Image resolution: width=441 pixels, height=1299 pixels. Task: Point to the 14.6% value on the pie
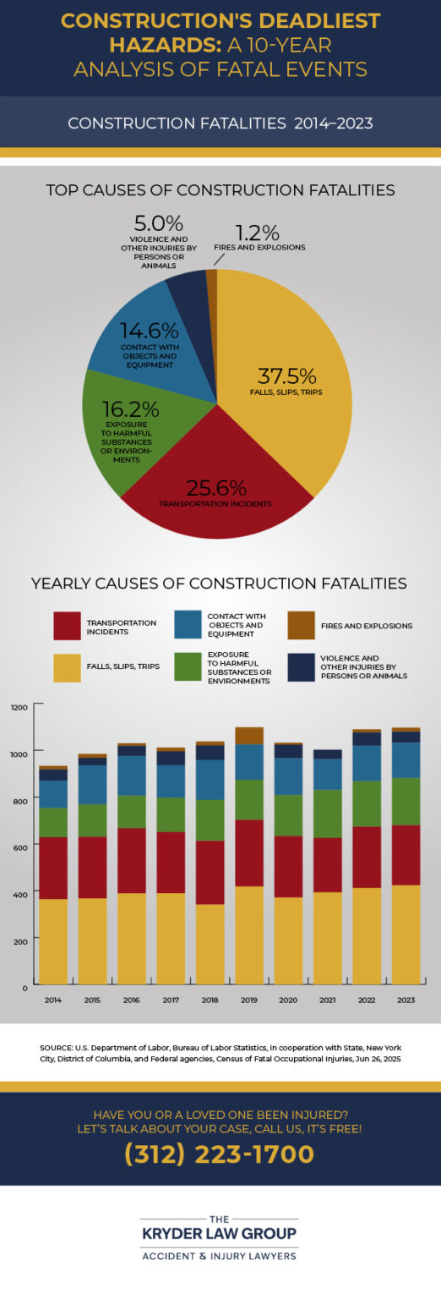click(149, 331)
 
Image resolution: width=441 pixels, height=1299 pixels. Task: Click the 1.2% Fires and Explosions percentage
click(259, 232)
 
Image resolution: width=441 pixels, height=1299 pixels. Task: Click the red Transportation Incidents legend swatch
click(67, 626)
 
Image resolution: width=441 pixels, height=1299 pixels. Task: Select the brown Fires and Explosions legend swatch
click(302, 626)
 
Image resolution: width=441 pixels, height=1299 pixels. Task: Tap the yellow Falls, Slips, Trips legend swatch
click(67, 667)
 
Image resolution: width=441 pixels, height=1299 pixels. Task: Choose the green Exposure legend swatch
click(186, 667)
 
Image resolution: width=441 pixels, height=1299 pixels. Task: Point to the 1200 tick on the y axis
click(19, 706)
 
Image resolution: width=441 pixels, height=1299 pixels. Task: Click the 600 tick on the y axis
click(21, 847)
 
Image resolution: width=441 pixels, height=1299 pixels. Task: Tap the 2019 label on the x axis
click(249, 999)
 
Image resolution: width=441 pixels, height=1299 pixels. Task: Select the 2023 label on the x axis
click(406, 999)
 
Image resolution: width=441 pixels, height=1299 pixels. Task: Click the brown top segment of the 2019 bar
click(249, 735)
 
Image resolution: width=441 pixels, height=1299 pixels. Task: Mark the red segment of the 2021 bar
click(328, 864)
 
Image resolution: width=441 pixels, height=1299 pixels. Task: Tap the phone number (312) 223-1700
click(220, 1154)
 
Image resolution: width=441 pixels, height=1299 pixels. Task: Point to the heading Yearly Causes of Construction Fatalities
click(219, 584)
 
